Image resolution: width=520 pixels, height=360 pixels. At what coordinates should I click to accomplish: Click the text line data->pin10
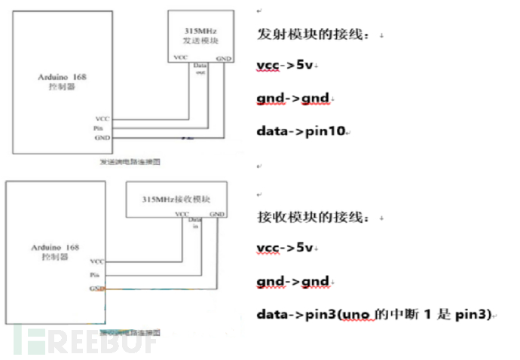(x=301, y=131)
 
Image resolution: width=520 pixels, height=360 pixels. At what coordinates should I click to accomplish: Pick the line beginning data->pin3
(x=374, y=312)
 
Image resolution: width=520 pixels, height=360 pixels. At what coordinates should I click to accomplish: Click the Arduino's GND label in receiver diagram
(x=96, y=288)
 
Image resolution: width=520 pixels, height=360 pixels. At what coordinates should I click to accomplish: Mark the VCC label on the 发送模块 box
(x=181, y=57)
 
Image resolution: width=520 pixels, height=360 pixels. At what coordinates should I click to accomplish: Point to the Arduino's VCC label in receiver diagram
(x=96, y=262)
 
